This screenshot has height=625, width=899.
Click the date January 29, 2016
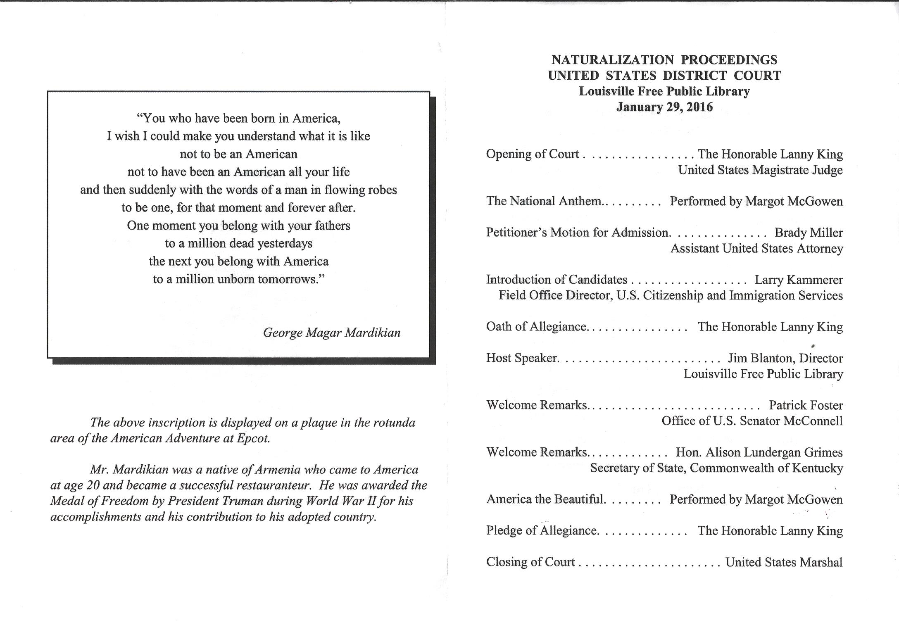pos(664,107)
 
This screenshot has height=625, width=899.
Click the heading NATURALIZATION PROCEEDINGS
pos(664,60)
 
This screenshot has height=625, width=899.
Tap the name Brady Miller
pos(809,233)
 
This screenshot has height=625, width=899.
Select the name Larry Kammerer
pos(799,280)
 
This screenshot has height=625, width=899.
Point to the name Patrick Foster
pos(806,405)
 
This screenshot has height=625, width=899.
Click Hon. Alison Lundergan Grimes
pos(759,452)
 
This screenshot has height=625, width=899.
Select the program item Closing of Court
pos(530,562)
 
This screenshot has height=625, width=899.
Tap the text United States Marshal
pos(784,562)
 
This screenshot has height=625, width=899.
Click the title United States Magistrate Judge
pos(760,170)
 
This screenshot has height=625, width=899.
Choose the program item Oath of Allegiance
pos(536,327)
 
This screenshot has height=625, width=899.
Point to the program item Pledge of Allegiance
pos(542,531)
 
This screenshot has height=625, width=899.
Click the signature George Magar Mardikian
pos(332,333)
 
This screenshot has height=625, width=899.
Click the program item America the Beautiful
pos(545,499)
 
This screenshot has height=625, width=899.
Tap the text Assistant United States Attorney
pos(756,248)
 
